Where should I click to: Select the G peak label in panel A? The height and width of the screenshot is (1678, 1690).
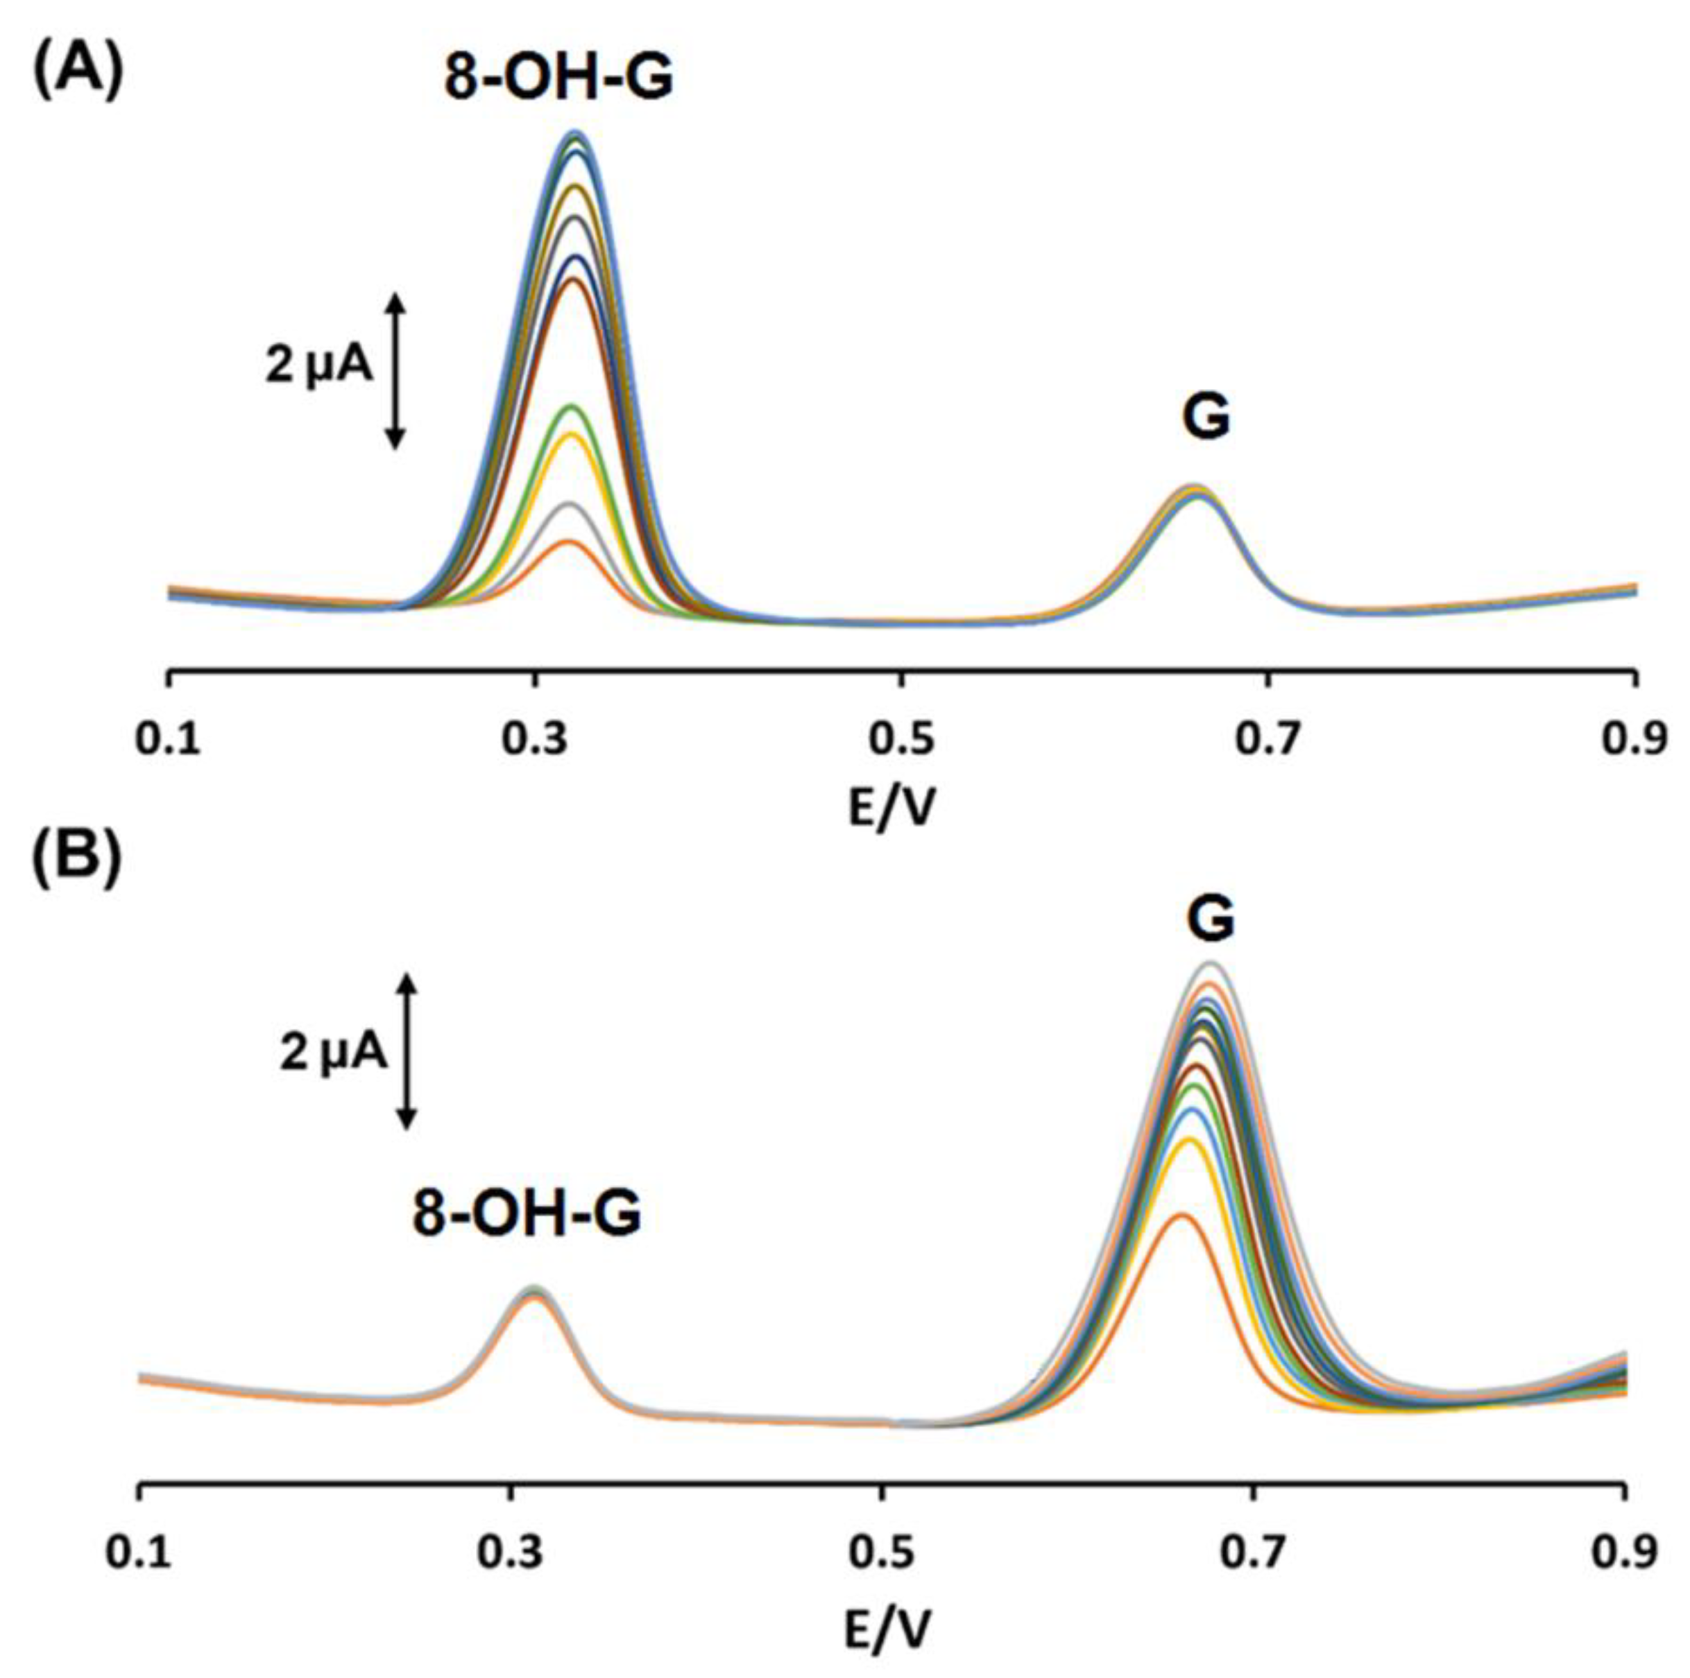(1206, 419)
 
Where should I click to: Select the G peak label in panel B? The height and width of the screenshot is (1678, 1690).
(1211, 920)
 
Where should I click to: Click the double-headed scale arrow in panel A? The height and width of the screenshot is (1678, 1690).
(395, 371)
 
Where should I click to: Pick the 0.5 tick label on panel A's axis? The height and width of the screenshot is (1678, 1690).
(901, 740)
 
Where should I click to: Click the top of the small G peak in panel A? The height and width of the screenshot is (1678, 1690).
(1193, 488)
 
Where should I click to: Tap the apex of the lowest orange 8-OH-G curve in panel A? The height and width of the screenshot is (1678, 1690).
(570, 542)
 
